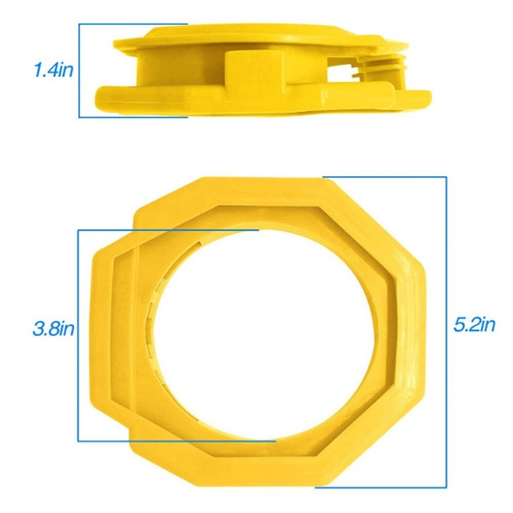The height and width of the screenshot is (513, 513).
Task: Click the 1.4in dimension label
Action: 53,70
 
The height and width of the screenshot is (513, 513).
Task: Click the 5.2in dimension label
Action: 475,324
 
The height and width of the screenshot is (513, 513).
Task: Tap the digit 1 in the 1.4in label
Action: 37,70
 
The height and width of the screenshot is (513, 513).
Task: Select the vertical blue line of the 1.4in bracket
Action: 79,70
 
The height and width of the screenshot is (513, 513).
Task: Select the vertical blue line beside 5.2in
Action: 446,331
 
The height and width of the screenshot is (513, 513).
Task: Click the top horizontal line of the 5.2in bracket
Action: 385,177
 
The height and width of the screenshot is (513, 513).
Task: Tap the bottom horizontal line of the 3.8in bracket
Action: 176,441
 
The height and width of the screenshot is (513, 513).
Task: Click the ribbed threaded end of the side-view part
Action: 385,66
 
